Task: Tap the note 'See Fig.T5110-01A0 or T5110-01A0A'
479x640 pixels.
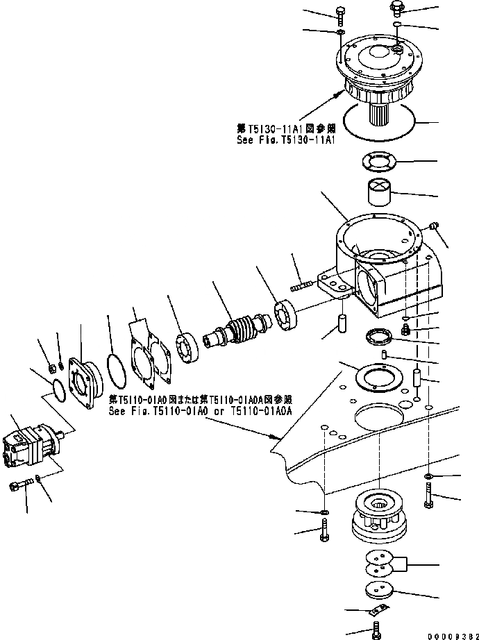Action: click(201, 411)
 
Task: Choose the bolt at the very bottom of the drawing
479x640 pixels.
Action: click(373, 630)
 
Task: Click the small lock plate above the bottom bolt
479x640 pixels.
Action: click(376, 610)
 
